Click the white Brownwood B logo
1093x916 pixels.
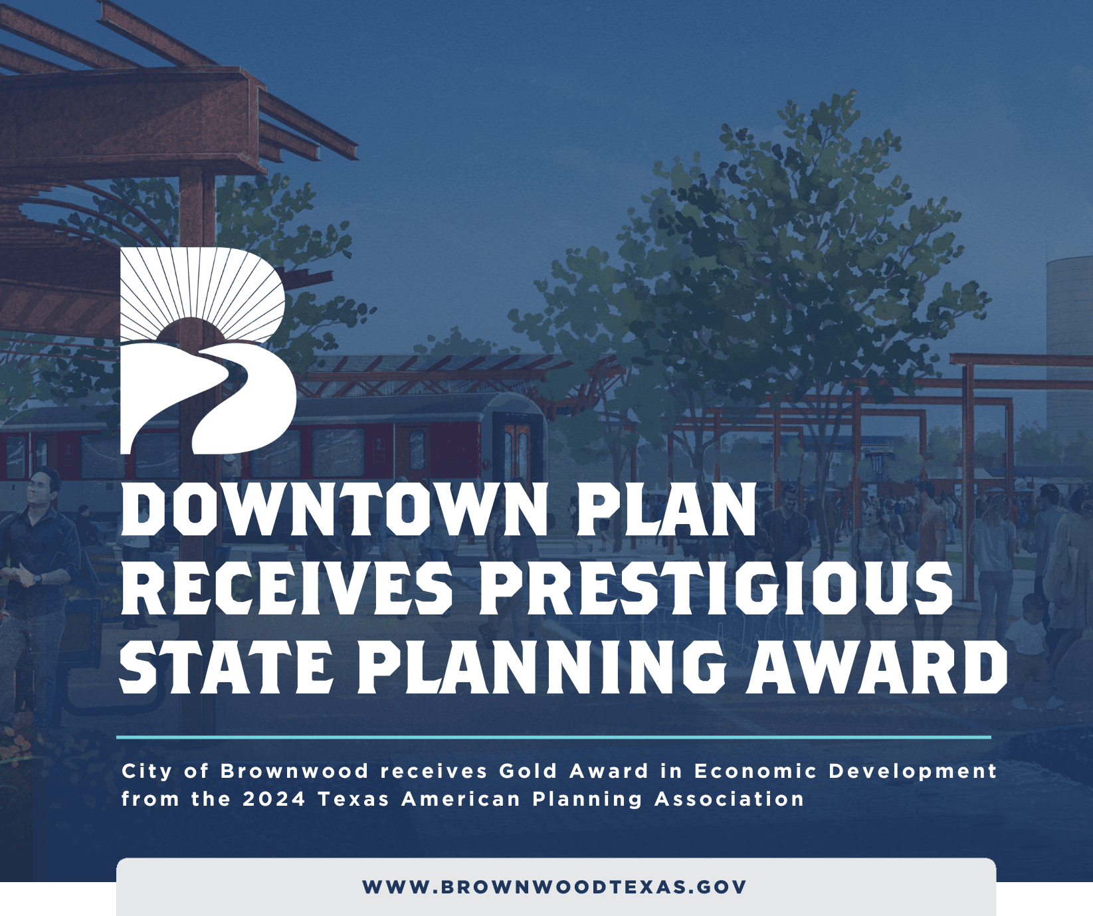207,351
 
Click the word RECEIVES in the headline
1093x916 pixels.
287,588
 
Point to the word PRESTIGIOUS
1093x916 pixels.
716,588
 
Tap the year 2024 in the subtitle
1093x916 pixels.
274,798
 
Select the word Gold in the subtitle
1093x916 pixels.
528,771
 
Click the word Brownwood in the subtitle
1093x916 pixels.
294,771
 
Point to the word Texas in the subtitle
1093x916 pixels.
353,798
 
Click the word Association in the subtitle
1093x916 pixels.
730,798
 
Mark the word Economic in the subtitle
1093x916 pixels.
755,771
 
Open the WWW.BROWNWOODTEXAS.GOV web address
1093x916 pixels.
555,887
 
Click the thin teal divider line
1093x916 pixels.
553,737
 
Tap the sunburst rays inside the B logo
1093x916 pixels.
203,292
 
